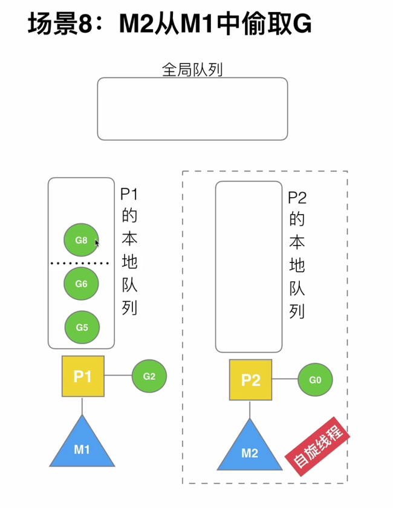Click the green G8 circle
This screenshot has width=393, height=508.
pos(81,240)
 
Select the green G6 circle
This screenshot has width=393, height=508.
pos(82,284)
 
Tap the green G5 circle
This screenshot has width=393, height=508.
pos(82,327)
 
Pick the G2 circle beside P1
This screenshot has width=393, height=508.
pos(149,376)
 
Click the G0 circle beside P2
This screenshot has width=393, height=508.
pos(315,380)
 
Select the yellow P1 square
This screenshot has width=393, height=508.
pos(83,376)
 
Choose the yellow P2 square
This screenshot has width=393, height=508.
pos(250,380)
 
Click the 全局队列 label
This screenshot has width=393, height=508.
pos(192,70)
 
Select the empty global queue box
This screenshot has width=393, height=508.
pos(192,109)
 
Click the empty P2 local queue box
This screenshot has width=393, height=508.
pos(249,266)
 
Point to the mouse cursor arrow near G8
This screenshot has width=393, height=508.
pos(97,243)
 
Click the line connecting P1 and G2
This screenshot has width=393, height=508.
pos(118,376)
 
